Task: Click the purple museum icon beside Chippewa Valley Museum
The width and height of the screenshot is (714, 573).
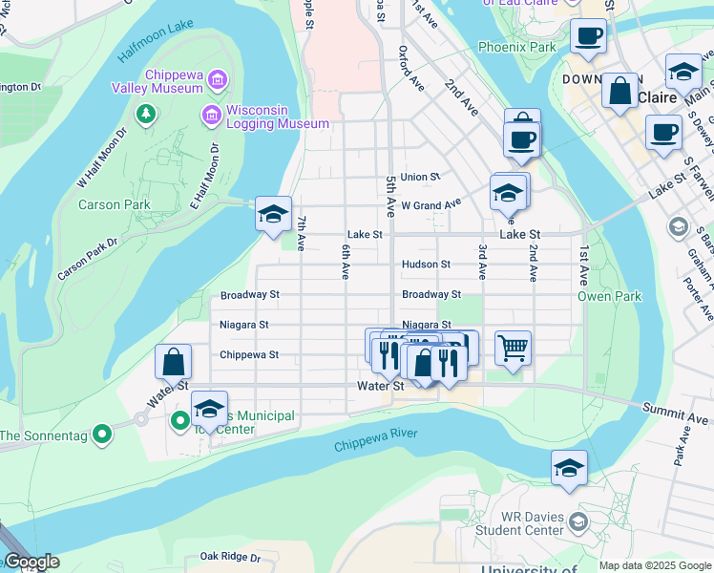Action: pyautogui.click(x=218, y=78)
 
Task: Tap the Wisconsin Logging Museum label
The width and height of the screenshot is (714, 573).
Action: pyautogui.click(x=278, y=116)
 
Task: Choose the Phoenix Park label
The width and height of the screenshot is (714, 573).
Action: pyautogui.click(x=516, y=46)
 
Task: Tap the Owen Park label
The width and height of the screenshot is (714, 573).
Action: pyautogui.click(x=609, y=296)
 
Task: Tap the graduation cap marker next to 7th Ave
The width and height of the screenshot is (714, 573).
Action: pyautogui.click(x=273, y=214)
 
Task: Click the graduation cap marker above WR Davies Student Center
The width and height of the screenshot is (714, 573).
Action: pyautogui.click(x=569, y=467)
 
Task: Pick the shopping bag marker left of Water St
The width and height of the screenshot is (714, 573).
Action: pyautogui.click(x=173, y=362)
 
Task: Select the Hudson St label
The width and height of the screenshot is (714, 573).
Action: pyautogui.click(x=426, y=265)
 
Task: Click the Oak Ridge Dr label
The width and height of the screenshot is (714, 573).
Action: pyautogui.click(x=230, y=556)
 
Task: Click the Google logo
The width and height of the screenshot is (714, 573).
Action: pyautogui.click(x=31, y=562)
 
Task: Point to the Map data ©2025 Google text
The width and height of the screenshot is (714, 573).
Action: pyautogui.click(x=654, y=565)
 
